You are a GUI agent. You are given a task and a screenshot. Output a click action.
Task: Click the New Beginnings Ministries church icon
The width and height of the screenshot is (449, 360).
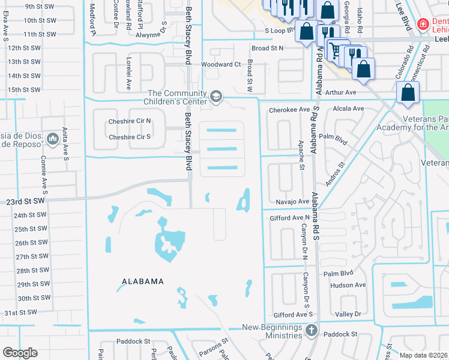pos(311,330)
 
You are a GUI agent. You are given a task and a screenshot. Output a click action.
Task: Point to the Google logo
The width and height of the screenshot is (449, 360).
pos(20,352)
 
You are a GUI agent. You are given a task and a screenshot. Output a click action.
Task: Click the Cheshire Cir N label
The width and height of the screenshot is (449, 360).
pos(129,121)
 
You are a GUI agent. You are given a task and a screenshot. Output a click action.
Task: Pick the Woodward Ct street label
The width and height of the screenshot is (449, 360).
pos(220,64)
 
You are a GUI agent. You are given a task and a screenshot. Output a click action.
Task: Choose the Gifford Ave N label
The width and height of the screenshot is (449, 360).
pos(289,218)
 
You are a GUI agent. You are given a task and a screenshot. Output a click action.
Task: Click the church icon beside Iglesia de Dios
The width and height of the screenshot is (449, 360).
pos(52,139)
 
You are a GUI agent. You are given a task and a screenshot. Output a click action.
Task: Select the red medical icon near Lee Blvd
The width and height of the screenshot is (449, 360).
pos(423,24)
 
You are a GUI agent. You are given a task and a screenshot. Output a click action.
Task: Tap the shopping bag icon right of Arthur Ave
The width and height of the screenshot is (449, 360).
pos(408,94)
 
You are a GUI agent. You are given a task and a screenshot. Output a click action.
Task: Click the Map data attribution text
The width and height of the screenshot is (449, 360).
pos(423,355)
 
